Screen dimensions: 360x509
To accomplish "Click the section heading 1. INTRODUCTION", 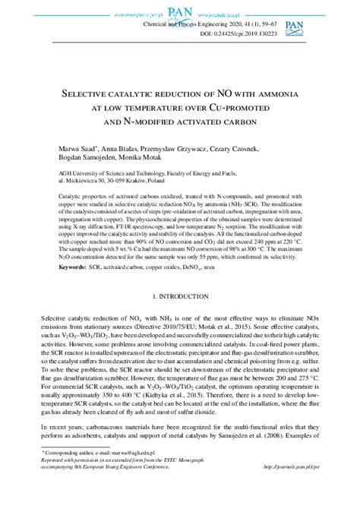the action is point(179,315).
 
